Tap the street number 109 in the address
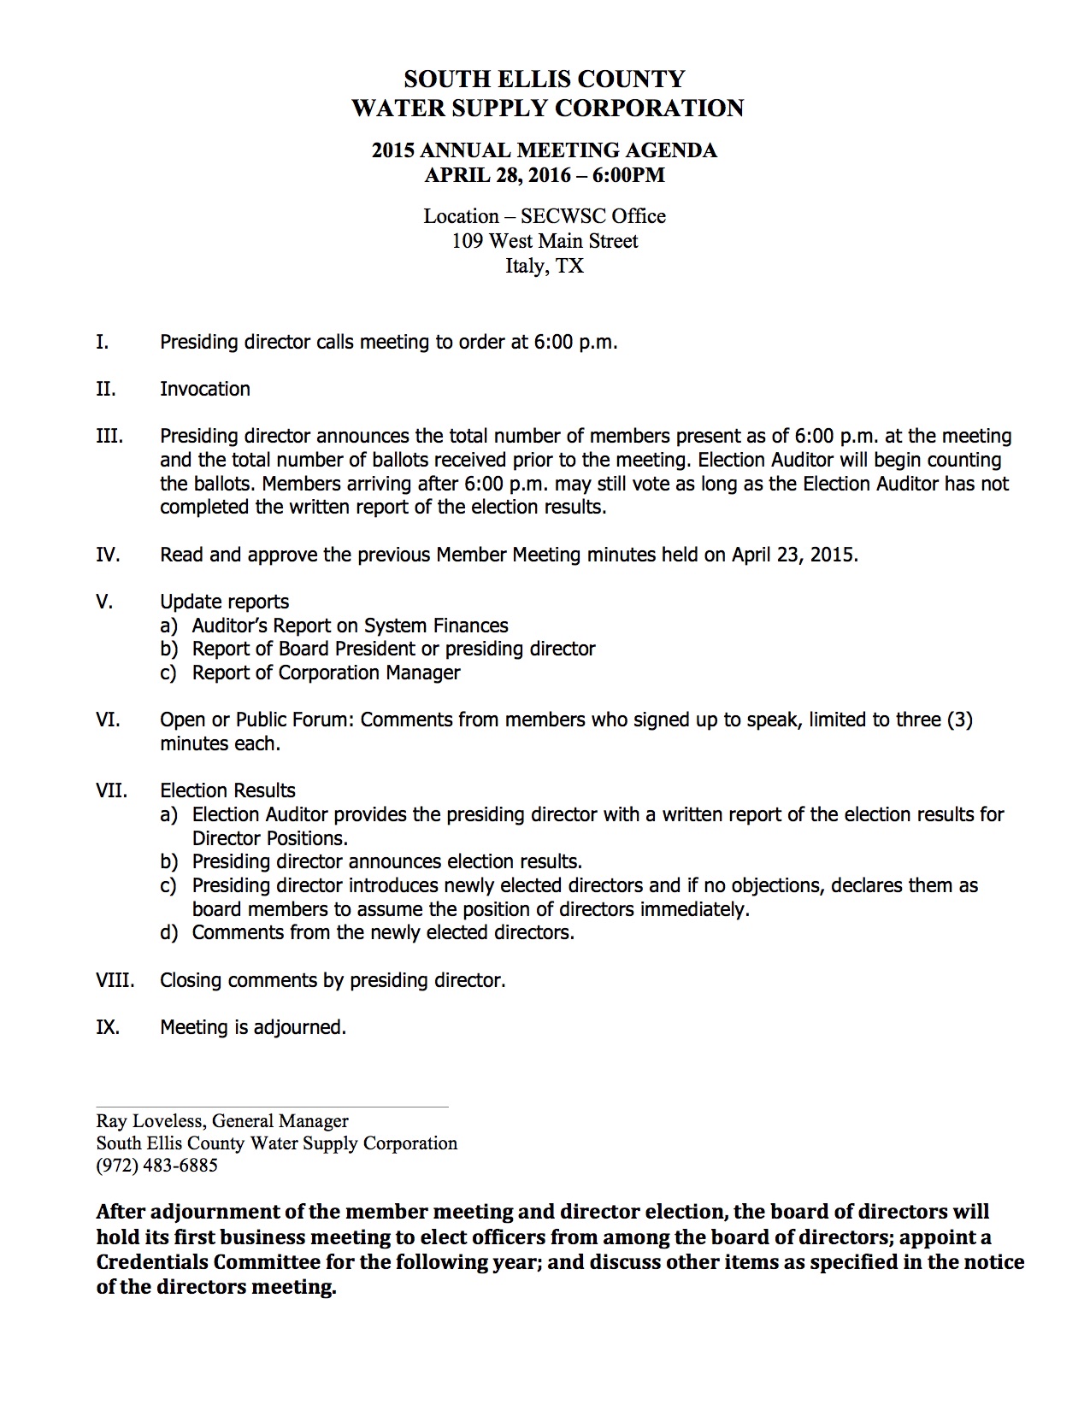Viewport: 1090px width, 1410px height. (468, 241)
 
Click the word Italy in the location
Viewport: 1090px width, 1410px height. (524, 266)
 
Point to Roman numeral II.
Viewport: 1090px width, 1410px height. (105, 389)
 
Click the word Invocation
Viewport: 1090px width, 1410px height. (205, 389)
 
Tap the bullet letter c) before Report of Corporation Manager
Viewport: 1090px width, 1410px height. (168, 673)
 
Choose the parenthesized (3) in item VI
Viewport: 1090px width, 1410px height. (959, 720)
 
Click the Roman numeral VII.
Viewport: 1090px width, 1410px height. (111, 790)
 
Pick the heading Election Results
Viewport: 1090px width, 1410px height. (227, 790)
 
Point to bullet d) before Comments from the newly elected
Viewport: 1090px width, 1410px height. (169, 932)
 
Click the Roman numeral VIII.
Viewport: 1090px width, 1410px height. (115, 980)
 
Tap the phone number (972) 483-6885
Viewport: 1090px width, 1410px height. (156, 1166)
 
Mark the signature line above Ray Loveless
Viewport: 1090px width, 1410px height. (272, 1107)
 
